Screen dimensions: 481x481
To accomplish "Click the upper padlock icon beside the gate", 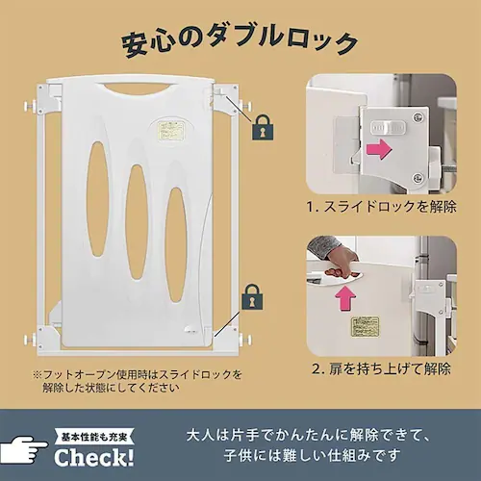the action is (x=263, y=127).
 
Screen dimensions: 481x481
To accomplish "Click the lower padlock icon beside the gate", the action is (x=252, y=297).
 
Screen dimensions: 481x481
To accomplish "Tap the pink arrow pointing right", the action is (x=379, y=149).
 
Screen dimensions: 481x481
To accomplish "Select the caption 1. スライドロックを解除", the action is (x=381, y=207).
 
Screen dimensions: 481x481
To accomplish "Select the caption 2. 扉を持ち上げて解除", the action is (x=381, y=368).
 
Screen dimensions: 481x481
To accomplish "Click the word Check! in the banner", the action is (x=93, y=457).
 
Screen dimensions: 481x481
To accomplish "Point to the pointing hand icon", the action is (x=24, y=450).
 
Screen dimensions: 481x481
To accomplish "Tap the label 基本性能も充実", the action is (x=94, y=437).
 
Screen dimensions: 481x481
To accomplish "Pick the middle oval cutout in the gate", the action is (x=137, y=223).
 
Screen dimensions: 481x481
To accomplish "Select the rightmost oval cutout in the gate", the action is (x=176, y=244).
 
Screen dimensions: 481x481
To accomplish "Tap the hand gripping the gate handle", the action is (x=340, y=264).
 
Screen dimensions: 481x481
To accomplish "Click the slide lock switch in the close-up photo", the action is (x=389, y=127).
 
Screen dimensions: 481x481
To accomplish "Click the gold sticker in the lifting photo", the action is (x=365, y=327).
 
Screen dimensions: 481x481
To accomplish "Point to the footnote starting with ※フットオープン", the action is (x=137, y=381).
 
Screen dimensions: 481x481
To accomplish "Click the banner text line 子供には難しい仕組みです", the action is (x=313, y=455).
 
